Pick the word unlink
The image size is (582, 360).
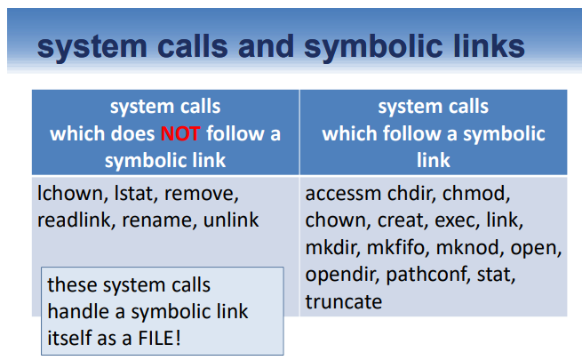click(x=231, y=220)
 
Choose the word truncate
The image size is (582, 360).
click(x=343, y=302)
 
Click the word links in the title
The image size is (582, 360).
click(x=474, y=46)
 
